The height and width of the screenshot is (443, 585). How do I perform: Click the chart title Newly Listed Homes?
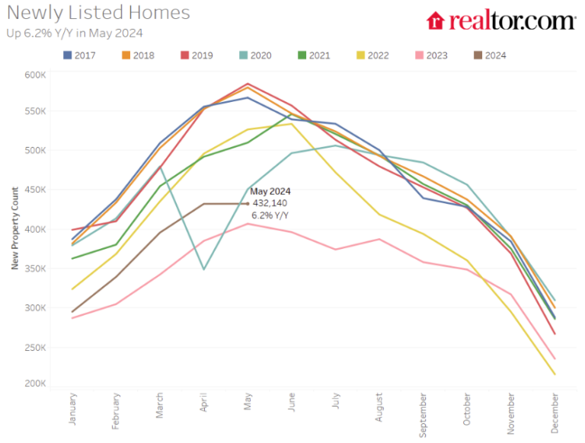(x=98, y=13)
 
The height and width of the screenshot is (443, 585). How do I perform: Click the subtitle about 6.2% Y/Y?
(x=74, y=33)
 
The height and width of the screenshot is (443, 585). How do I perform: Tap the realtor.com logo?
(x=500, y=21)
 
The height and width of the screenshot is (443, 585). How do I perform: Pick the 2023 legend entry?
(x=430, y=55)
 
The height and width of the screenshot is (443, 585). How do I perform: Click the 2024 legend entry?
(x=488, y=55)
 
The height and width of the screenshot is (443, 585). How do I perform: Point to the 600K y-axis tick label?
(x=35, y=75)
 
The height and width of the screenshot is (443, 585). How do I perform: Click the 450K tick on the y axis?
(x=35, y=190)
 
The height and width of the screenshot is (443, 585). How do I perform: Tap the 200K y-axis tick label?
(x=35, y=384)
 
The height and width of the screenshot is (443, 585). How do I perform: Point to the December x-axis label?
(x=554, y=410)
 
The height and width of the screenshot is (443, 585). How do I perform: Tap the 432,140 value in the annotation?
(x=270, y=204)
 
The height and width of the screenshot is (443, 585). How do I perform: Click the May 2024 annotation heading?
(x=270, y=192)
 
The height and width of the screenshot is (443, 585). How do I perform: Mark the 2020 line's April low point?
(x=203, y=269)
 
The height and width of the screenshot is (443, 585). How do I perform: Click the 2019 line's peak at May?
(x=247, y=84)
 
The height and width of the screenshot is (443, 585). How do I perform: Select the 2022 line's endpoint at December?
(x=554, y=374)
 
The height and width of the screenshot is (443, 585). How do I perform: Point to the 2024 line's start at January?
(x=72, y=311)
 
